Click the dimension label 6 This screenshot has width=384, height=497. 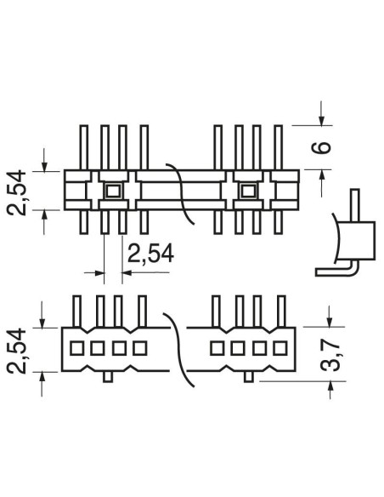point(321,147)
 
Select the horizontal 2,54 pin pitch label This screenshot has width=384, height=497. point(150,254)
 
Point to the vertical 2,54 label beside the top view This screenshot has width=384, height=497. point(16,192)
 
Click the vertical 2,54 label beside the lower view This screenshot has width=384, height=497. point(16,351)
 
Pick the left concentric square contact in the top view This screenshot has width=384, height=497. point(113,191)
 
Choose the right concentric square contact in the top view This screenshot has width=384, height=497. point(248,191)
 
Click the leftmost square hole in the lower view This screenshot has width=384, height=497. point(76,348)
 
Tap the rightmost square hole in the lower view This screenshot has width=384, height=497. point(280,348)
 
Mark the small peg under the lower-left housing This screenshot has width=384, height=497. point(108,376)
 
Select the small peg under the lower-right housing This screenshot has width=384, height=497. point(249,376)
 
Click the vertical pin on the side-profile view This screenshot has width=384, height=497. point(355,205)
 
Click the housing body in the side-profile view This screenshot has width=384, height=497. point(357,241)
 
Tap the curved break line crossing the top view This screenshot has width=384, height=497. point(181,194)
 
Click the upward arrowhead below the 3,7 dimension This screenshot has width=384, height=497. point(330,386)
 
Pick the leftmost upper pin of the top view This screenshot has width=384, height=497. point(83,148)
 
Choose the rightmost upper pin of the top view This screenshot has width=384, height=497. point(278,148)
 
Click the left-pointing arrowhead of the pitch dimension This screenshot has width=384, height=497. point(127,272)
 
